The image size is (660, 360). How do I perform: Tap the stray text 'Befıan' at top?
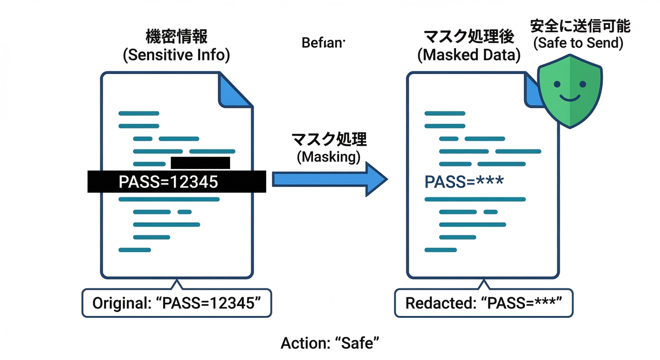(x=323, y=43)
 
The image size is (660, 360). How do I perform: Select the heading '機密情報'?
(x=176, y=36)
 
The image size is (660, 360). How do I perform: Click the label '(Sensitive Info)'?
(x=176, y=55)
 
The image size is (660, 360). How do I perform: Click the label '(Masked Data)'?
(x=469, y=55)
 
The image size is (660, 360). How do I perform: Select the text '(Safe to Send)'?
(x=579, y=44)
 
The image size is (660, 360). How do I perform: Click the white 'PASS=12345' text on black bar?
(x=168, y=181)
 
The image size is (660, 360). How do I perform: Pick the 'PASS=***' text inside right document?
(x=464, y=181)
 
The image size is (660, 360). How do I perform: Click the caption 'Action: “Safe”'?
(x=330, y=343)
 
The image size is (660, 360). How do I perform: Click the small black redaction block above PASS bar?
(x=200, y=163)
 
